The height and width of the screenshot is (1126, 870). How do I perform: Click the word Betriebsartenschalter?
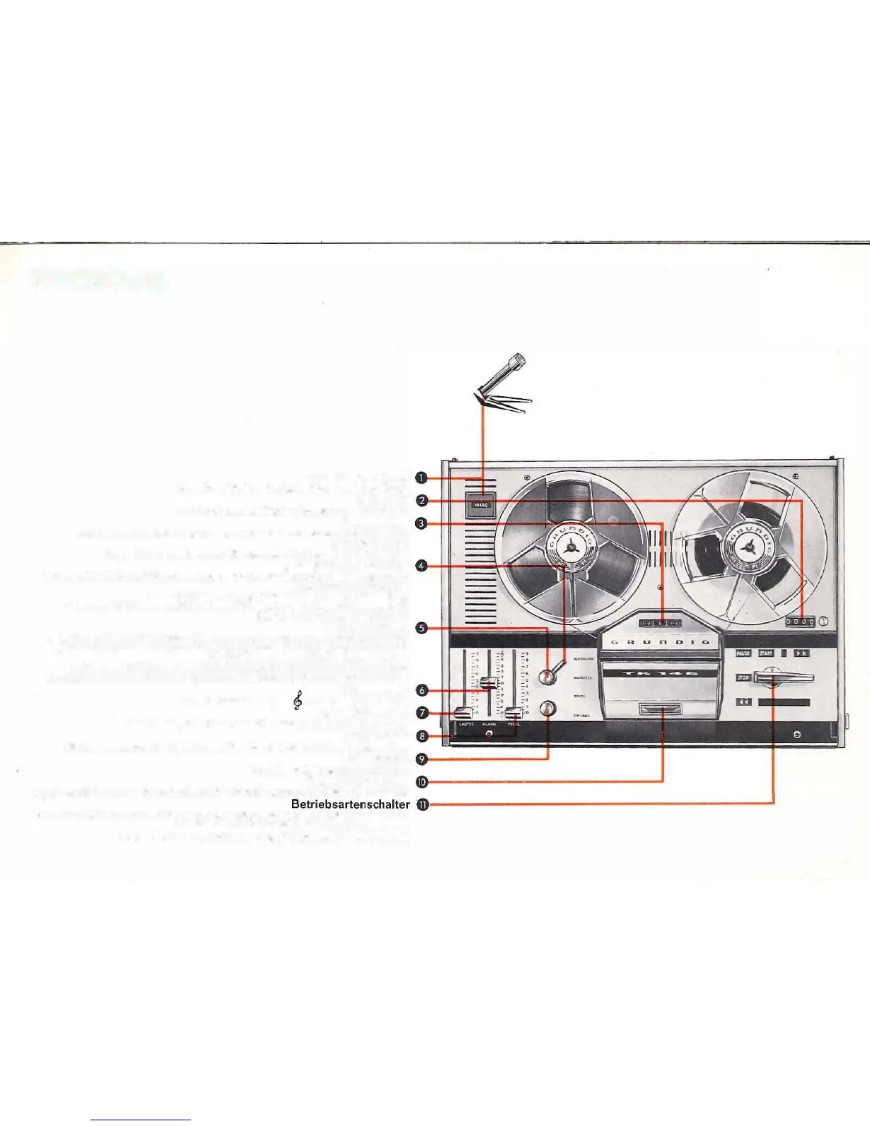[350, 804]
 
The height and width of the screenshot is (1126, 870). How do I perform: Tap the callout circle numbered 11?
[422, 805]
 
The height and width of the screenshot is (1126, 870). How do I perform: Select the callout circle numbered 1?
[422, 478]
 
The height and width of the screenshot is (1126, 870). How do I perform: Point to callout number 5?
[422, 628]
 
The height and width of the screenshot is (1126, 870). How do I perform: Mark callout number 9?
[422, 758]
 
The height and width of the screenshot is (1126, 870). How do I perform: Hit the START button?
[766, 653]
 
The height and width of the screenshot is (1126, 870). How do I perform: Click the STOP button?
[743, 677]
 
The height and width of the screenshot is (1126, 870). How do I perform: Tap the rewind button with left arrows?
[743, 702]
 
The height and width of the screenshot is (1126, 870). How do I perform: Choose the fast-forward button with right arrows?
[801, 653]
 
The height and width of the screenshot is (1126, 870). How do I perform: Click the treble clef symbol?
[297, 701]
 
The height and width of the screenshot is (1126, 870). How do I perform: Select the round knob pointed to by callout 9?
[548, 709]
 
